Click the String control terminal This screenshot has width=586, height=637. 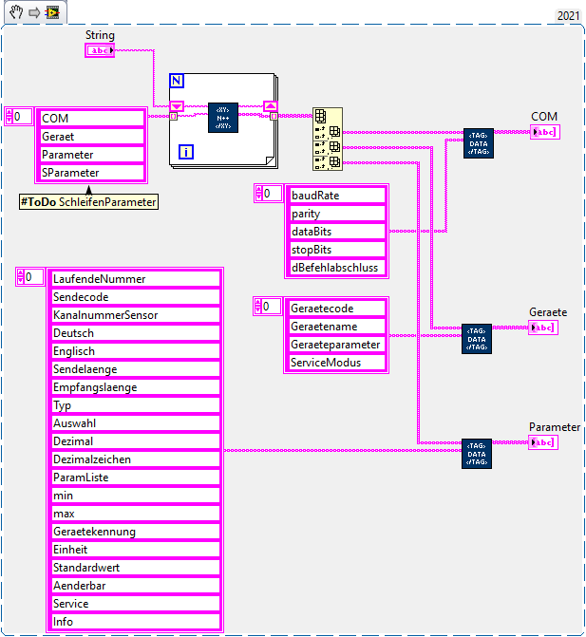(x=100, y=50)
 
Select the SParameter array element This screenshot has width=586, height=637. (x=91, y=173)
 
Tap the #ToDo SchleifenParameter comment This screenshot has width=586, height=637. (x=88, y=201)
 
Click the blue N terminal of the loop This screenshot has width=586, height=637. (x=176, y=80)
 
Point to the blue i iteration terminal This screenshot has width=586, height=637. (x=186, y=152)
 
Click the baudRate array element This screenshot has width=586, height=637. (x=337, y=195)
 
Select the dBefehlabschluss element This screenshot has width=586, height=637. (x=337, y=267)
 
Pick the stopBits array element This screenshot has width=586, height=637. (x=337, y=249)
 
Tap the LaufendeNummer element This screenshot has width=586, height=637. (x=135, y=279)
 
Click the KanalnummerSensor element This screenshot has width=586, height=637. (x=135, y=315)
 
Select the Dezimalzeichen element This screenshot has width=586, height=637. (x=135, y=459)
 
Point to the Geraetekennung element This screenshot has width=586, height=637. (x=135, y=532)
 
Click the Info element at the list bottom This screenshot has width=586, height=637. (x=135, y=622)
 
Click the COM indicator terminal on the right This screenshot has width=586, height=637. (x=545, y=132)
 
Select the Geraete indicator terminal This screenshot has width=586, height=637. (x=545, y=328)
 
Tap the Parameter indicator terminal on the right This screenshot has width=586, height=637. (x=545, y=442)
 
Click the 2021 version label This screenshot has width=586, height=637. (x=568, y=15)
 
